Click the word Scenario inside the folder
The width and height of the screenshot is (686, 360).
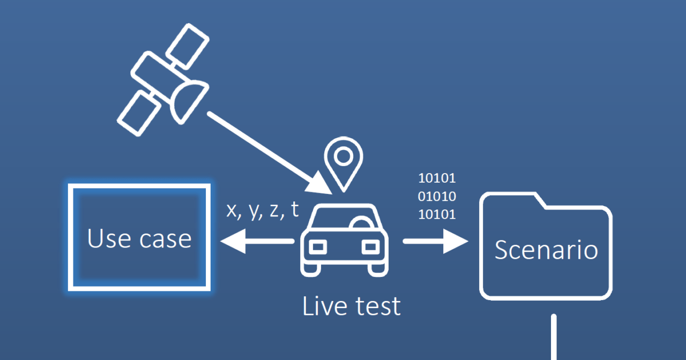[x=546, y=250]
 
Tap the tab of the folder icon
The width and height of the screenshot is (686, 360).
[x=511, y=200]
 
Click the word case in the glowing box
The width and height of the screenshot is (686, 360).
[x=165, y=239]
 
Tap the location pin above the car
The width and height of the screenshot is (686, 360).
[x=343, y=159]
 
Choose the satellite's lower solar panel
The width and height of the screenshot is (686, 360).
[x=139, y=112]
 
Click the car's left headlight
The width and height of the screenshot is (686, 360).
[x=318, y=246]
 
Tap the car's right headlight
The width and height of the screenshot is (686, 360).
[x=370, y=246]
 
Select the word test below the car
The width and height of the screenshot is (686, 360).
[x=377, y=306]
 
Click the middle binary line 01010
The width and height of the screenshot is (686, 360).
[x=436, y=196]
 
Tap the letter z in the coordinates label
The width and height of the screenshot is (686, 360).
[x=274, y=211]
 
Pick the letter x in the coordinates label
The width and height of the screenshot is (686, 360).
[x=232, y=211]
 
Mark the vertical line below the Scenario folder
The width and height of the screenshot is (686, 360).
[x=554, y=337]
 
